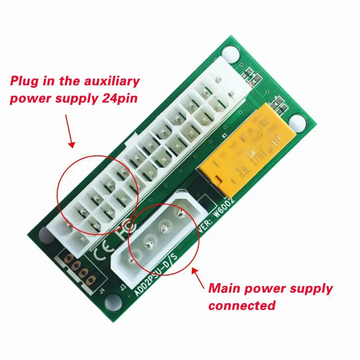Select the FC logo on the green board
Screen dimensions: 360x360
coord(124,232)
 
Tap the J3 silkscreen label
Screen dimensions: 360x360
coord(123,288)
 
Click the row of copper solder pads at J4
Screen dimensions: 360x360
coord(79,268)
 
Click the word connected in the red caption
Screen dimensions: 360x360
coord(242,306)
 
